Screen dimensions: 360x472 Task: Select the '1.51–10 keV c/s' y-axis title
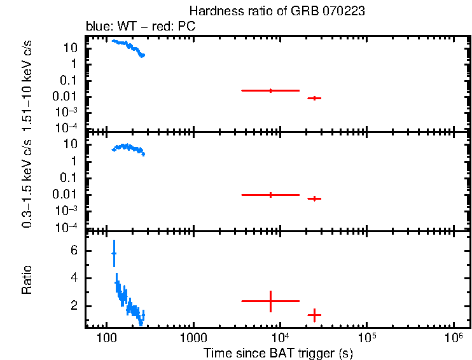[x=27, y=83]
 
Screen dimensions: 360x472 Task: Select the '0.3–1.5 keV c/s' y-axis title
[x=27, y=181]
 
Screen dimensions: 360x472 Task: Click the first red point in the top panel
[x=270, y=91]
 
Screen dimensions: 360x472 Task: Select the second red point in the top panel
[x=314, y=98]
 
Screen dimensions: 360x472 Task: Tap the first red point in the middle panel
[x=270, y=195]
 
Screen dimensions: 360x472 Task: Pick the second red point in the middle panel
[x=314, y=198]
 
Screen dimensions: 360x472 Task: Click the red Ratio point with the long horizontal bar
[x=270, y=301]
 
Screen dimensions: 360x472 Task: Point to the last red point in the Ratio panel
[x=314, y=315]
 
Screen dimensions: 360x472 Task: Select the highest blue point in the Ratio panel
[x=114, y=253]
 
